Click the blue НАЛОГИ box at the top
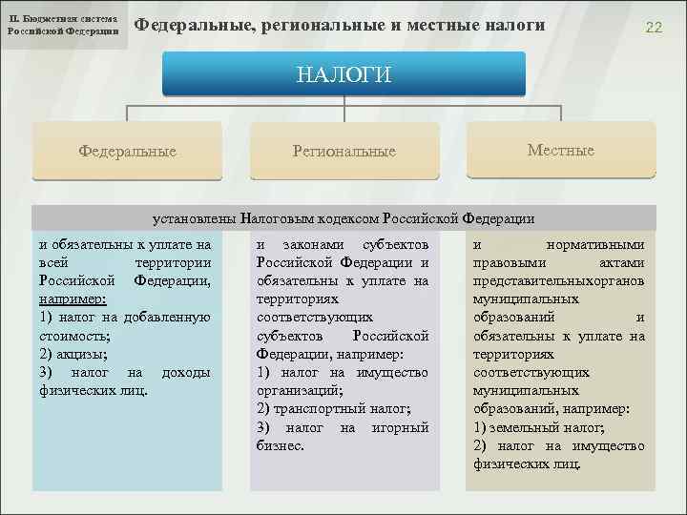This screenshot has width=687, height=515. [x=343, y=74]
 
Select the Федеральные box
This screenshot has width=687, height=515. [x=127, y=151]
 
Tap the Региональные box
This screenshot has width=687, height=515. [x=343, y=151]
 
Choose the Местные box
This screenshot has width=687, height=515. [x=560, y=150]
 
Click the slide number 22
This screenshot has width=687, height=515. [x=653, y=28]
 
